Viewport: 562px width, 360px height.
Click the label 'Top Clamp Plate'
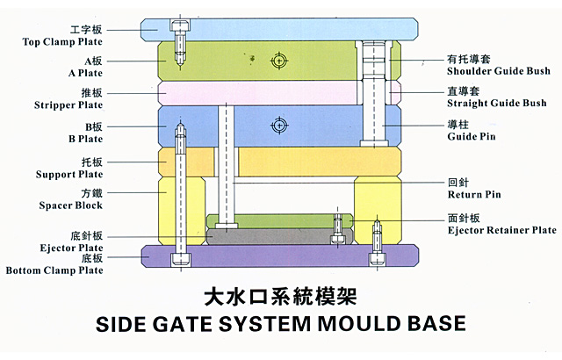point(62,41)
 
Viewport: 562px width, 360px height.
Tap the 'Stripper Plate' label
point(69,104)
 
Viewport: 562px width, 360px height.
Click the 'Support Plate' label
point(69,175)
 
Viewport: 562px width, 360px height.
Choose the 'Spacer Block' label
point(70,205)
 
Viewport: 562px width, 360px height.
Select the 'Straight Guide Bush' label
point(496,103)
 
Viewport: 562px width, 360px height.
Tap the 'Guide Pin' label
point(472,138)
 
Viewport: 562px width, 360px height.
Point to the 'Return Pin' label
point(474,194)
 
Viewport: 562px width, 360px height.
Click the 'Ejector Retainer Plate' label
point(501,230)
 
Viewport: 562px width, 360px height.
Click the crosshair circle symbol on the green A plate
point(279,61)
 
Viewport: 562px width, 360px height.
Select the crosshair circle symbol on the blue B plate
point(279,126)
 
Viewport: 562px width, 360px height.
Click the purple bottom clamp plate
point(263,256)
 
